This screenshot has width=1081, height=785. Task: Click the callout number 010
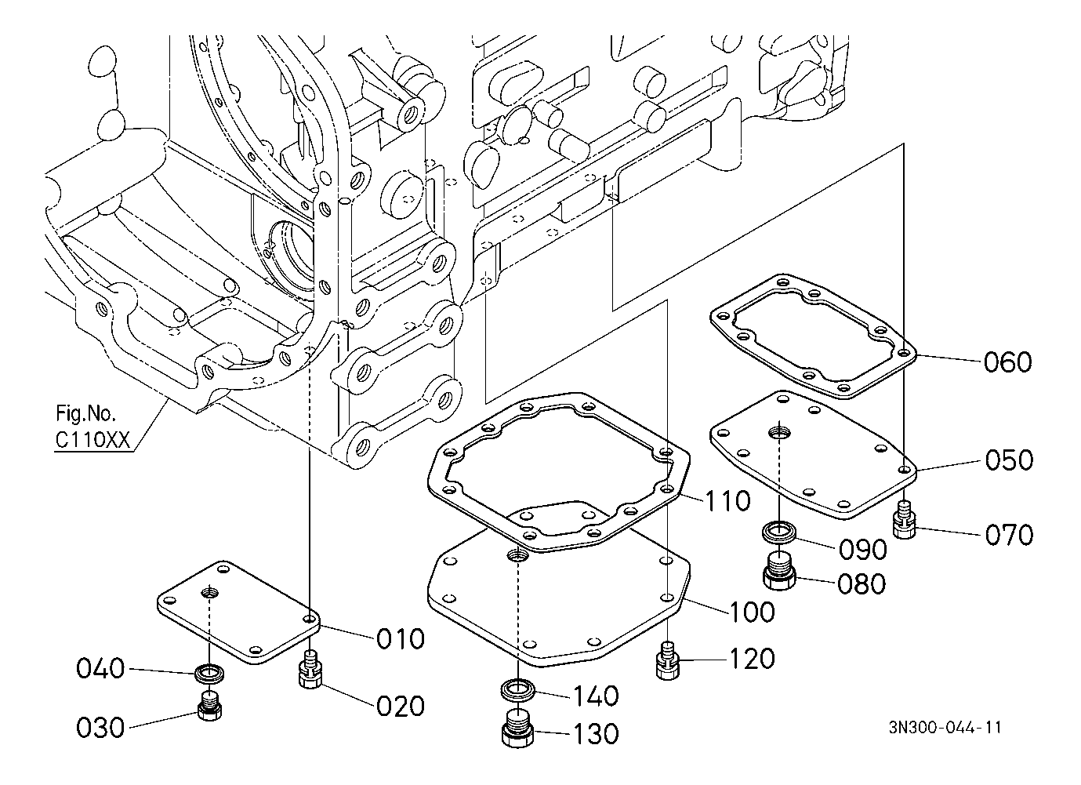(x=400, y=638)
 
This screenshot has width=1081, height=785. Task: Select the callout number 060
(x=1007, y=362)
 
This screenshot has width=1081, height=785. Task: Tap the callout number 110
(x=727, y=500)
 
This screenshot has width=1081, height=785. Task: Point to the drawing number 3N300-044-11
(x=945, y=727)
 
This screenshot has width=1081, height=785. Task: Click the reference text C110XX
(x=93, y=440)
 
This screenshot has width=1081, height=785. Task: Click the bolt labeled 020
(x=311, y=669)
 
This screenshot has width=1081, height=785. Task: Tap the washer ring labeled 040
(x=209, y=674)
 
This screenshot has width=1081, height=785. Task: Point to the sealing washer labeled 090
(x=778, y=533)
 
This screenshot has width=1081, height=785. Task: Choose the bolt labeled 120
(x=668, y=660)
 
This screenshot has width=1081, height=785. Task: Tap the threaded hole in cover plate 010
(x=210, y=592)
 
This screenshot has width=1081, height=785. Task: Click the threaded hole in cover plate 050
(x=779, y=431)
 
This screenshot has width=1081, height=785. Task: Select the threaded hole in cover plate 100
(x=518, y=556)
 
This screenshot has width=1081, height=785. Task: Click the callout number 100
(x=752, y=612)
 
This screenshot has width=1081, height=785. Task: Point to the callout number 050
(x=1009, y=460)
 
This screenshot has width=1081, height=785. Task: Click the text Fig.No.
(x=86, y=413)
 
